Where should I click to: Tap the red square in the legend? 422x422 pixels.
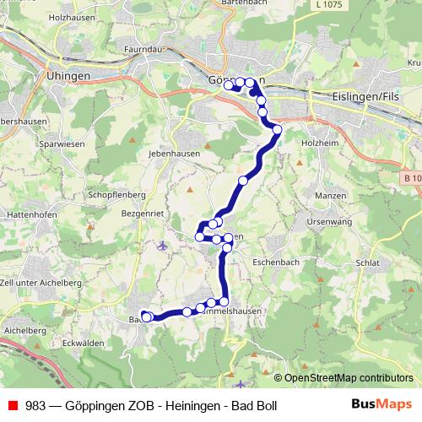point(13,405)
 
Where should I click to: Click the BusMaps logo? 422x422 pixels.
point(381,404)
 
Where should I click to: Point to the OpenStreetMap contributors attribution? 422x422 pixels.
point(349,377)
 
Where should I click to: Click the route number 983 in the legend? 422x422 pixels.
point(35,405)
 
